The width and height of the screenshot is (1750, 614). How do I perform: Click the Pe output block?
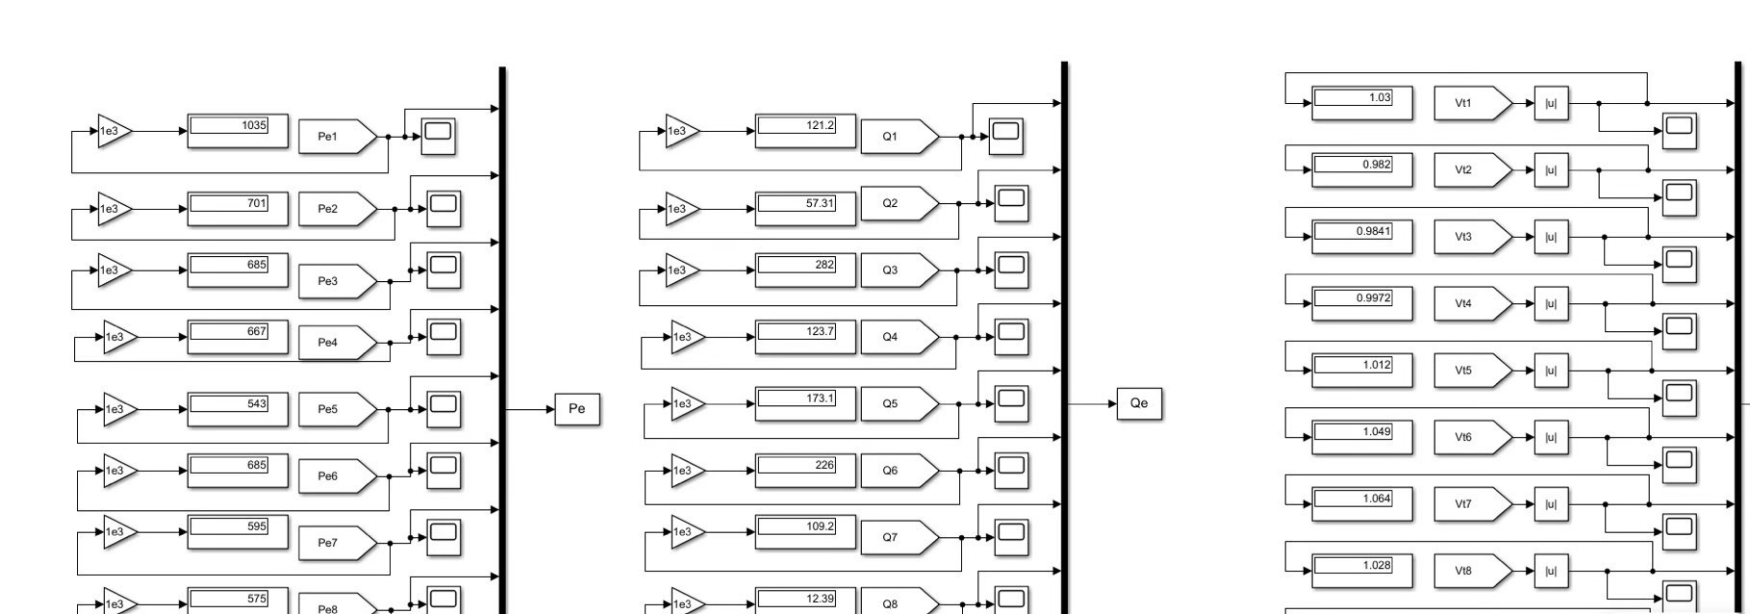pos(577,409)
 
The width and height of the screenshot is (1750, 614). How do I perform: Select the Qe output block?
pos(1139,403)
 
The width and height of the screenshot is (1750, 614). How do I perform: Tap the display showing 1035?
pos(237,131)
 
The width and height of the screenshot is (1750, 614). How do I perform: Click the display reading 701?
pos(237,209)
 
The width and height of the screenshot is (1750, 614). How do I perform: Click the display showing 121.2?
pos(804,131)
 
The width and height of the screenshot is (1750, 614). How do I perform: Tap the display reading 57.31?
pos(804,209)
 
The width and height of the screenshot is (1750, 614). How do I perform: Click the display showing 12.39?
pos(804,601)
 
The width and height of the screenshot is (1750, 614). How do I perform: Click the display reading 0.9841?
pos(1362,237)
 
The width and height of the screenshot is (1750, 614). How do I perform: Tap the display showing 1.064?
pos(1362,504)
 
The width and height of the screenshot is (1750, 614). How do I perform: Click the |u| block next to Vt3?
pos(1551,237)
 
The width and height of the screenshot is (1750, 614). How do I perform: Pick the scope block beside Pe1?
pos(439,136)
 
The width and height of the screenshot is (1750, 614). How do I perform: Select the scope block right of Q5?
pos(1011,403)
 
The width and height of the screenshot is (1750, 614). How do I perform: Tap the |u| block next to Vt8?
pos(1551,571)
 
